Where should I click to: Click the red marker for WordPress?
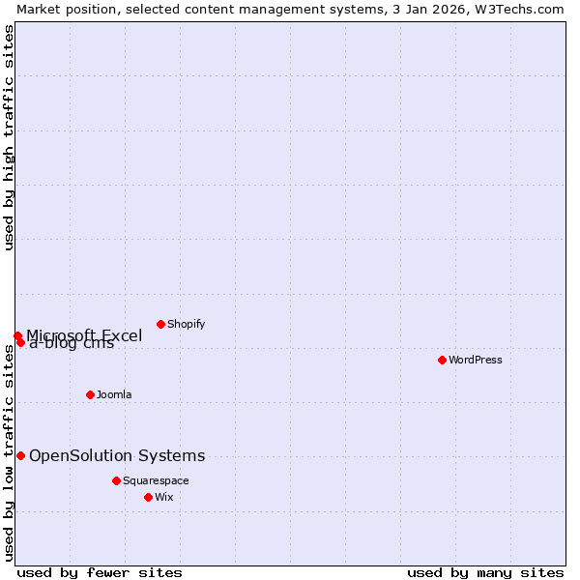point(442,360)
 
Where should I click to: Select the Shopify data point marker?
point(160,324)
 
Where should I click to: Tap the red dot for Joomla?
point(90,394)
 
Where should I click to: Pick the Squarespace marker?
point(116,480)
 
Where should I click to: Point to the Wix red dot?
point(148,497)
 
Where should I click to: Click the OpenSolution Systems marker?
point(20,455)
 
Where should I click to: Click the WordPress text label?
point(476,361)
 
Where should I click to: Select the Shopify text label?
point(187,325)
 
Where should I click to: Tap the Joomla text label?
point(114,395)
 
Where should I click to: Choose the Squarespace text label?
point(156,481)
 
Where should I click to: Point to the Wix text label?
point(164,498)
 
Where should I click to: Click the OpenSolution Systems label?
point(117,456)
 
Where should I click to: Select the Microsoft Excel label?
point(84,335)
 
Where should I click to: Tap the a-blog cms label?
point(72,344)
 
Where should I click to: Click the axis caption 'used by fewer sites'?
point(100,572)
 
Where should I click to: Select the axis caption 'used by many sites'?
point(485,572)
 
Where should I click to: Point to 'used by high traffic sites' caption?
point(10,137)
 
